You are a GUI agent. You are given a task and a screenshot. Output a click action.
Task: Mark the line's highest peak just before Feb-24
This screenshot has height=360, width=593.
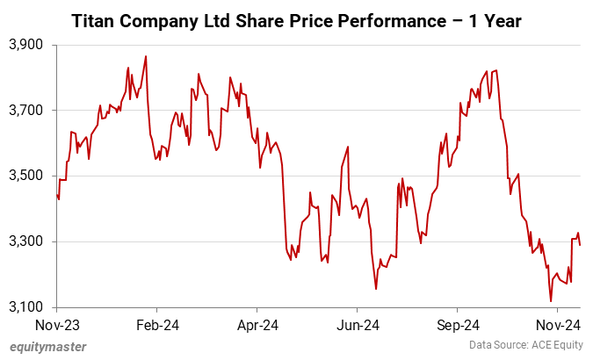146,56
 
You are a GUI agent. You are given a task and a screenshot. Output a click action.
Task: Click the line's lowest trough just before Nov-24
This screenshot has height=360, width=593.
551,301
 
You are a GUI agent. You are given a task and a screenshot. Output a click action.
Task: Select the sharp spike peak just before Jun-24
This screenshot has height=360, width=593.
349,147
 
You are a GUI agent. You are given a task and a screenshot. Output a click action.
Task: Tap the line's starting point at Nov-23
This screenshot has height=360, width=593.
57,195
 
